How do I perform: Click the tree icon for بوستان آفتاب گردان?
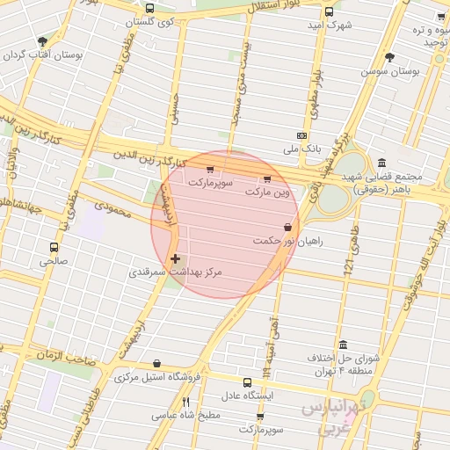[43, 41]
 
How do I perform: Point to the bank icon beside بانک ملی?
[302, 135]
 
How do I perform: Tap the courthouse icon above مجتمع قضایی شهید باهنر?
[381, 163]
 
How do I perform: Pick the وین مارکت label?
[267, 191]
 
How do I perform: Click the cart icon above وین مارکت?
[267, 178]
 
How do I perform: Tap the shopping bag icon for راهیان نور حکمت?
[287, 228]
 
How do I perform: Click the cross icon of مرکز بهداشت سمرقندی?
[176, 259]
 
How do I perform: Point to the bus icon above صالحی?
[54, 248]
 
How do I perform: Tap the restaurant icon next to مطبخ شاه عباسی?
[185, 403]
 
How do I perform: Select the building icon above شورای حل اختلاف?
[342, 345]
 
